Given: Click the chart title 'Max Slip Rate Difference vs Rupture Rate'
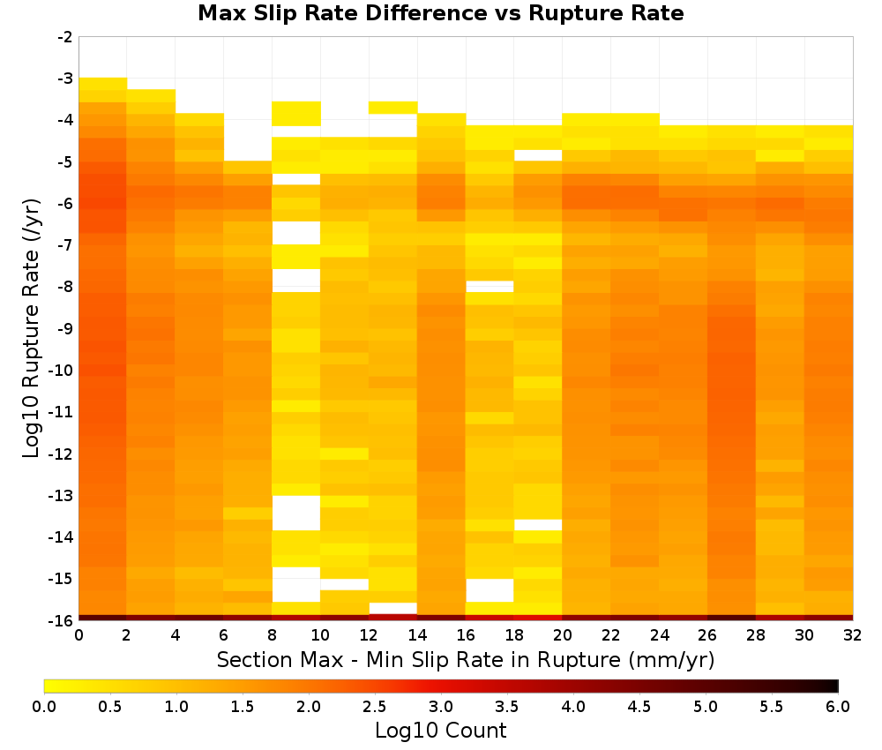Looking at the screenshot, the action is pos(440,13).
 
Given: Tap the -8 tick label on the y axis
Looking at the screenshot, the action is pos(65,287).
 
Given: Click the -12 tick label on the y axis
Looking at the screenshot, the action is pos(63,454).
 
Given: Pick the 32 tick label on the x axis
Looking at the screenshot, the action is pos(853,635).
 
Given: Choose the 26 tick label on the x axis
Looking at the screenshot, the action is pos(707,635).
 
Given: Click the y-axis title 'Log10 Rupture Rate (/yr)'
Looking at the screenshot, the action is pos(31,328).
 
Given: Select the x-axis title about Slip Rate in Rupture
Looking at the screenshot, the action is pos(466,659).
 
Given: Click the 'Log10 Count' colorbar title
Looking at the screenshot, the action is pos(440,731).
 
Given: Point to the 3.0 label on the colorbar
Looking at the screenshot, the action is pos(441,707).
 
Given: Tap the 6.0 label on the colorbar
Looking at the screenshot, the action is pos(838,707).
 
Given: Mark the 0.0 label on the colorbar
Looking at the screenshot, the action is pos(44,707).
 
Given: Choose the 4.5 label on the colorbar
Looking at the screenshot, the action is pos(639,707).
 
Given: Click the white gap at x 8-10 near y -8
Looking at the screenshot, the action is pos(296,281).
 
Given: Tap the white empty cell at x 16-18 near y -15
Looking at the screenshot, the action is pos(490,590).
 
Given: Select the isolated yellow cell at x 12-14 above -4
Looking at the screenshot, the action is pos(393,108).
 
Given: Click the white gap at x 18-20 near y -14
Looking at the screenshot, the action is pos(538,525).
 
